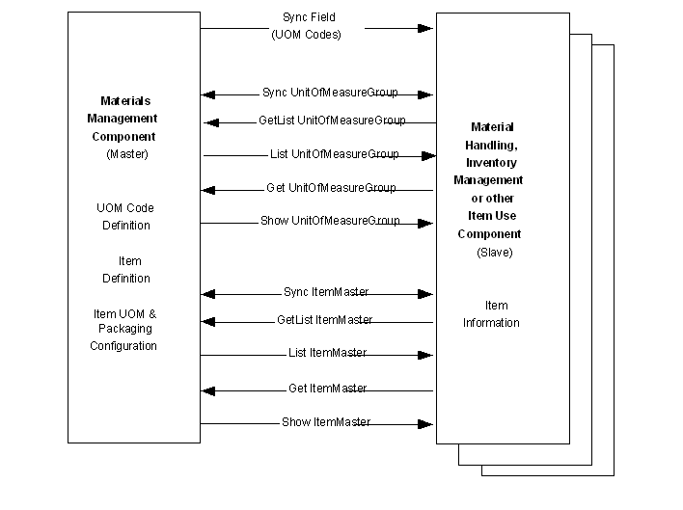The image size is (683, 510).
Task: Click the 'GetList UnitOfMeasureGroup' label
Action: pyautogui.click(x=332, y=121)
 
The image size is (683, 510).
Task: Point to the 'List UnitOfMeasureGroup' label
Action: pyautogui.click(x=334, y=154)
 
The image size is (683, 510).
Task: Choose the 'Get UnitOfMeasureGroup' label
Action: pyautogui.click(x=331, y=187)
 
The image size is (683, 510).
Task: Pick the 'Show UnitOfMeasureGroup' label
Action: pyautogui.click(x=331, y=221)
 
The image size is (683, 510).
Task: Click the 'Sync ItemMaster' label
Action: pyautogui.click(x=325, y=292)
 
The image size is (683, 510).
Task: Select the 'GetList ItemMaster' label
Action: pyautogui.click(x=324, y=320)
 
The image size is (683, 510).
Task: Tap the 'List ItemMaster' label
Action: pyautogui.click(x=327, y=353)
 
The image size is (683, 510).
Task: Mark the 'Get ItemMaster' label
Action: pyautogui.click(x=327, y=388)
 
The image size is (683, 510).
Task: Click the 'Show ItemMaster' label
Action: pyautogui.click(x=326, y=422)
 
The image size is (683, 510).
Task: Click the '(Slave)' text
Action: pyautogui.click(x=495, y=253)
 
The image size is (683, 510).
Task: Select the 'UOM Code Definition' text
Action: pyautogui.click(x=126, y=217)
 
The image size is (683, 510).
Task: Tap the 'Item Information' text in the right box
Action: pyautogui.click(x=491, y=314)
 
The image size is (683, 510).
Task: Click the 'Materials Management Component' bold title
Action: pyautogui.click(x=128, y=119)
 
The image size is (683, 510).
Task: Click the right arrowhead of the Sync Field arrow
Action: pyautogui.click(x=425, y=28)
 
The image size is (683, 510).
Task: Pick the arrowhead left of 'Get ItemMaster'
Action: pyautogui.click(x=208, y=390)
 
